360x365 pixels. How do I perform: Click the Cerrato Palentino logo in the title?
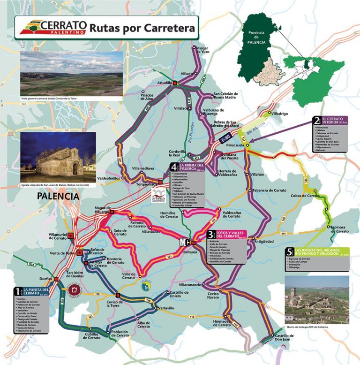(x=51, y=27)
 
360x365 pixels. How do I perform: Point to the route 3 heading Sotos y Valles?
(x=230, y=234)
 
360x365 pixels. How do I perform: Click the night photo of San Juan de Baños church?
(x=58, y=151)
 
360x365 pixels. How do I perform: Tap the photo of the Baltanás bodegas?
(x=317, y=299)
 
